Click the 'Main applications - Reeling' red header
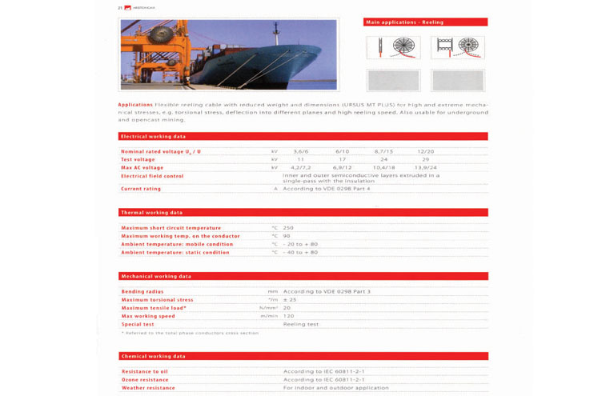[425, 22]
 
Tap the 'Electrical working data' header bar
[303, 137]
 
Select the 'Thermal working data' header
[303, 213]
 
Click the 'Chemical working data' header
[303, 356]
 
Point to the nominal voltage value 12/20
[425, 151]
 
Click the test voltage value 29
[425, 159]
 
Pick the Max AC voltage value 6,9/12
[342, 167]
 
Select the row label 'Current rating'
[141, 189]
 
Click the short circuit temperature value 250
[288, 228]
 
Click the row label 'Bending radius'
[142, 291]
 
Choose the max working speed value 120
[288, 316]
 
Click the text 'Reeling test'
[301, 324]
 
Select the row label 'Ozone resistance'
[145, 380]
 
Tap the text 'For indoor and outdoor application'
[336, 388]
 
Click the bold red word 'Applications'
[135, 104]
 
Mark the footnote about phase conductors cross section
[191, 333]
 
